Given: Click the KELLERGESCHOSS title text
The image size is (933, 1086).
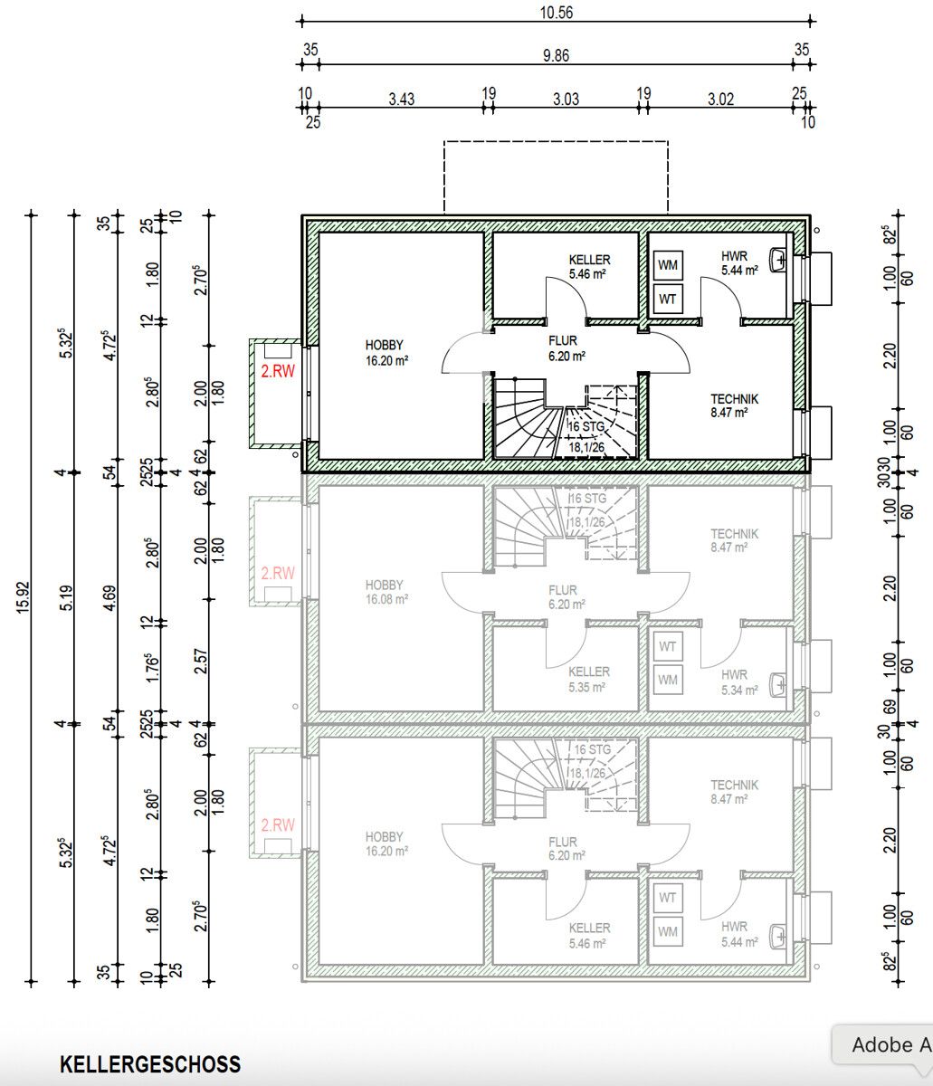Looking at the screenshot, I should [150, 1064].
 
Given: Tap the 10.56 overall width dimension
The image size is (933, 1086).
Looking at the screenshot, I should [557, 13].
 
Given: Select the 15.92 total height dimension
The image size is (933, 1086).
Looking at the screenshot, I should [22, 598].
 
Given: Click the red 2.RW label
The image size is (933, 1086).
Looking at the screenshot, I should [278, 371].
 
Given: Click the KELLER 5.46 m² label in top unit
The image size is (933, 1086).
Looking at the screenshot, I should [589, 265].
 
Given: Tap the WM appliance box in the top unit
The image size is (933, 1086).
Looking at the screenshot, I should [669, 265].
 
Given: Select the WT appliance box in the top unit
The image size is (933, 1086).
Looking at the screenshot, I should [669, 299].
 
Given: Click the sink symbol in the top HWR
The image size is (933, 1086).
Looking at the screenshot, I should [780, 260].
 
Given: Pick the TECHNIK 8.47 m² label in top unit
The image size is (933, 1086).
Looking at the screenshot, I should [734, 405].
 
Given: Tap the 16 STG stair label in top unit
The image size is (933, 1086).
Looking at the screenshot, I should [587, 427].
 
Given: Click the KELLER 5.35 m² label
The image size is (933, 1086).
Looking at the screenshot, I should [589, 679].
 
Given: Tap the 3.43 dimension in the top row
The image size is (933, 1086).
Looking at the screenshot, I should [401, 99].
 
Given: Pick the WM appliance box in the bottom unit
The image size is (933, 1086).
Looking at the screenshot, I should [668, 931].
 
